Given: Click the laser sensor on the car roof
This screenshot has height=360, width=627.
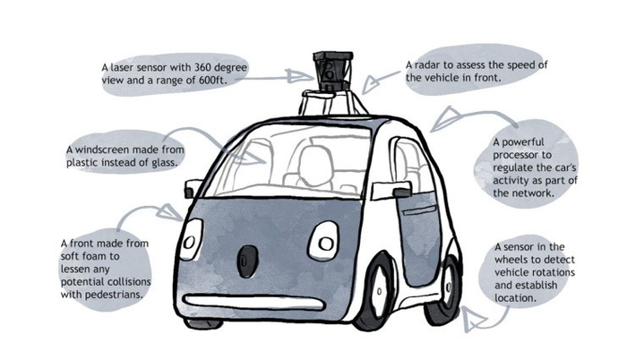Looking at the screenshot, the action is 331,69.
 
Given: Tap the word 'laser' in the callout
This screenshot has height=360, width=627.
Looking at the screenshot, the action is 126,66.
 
